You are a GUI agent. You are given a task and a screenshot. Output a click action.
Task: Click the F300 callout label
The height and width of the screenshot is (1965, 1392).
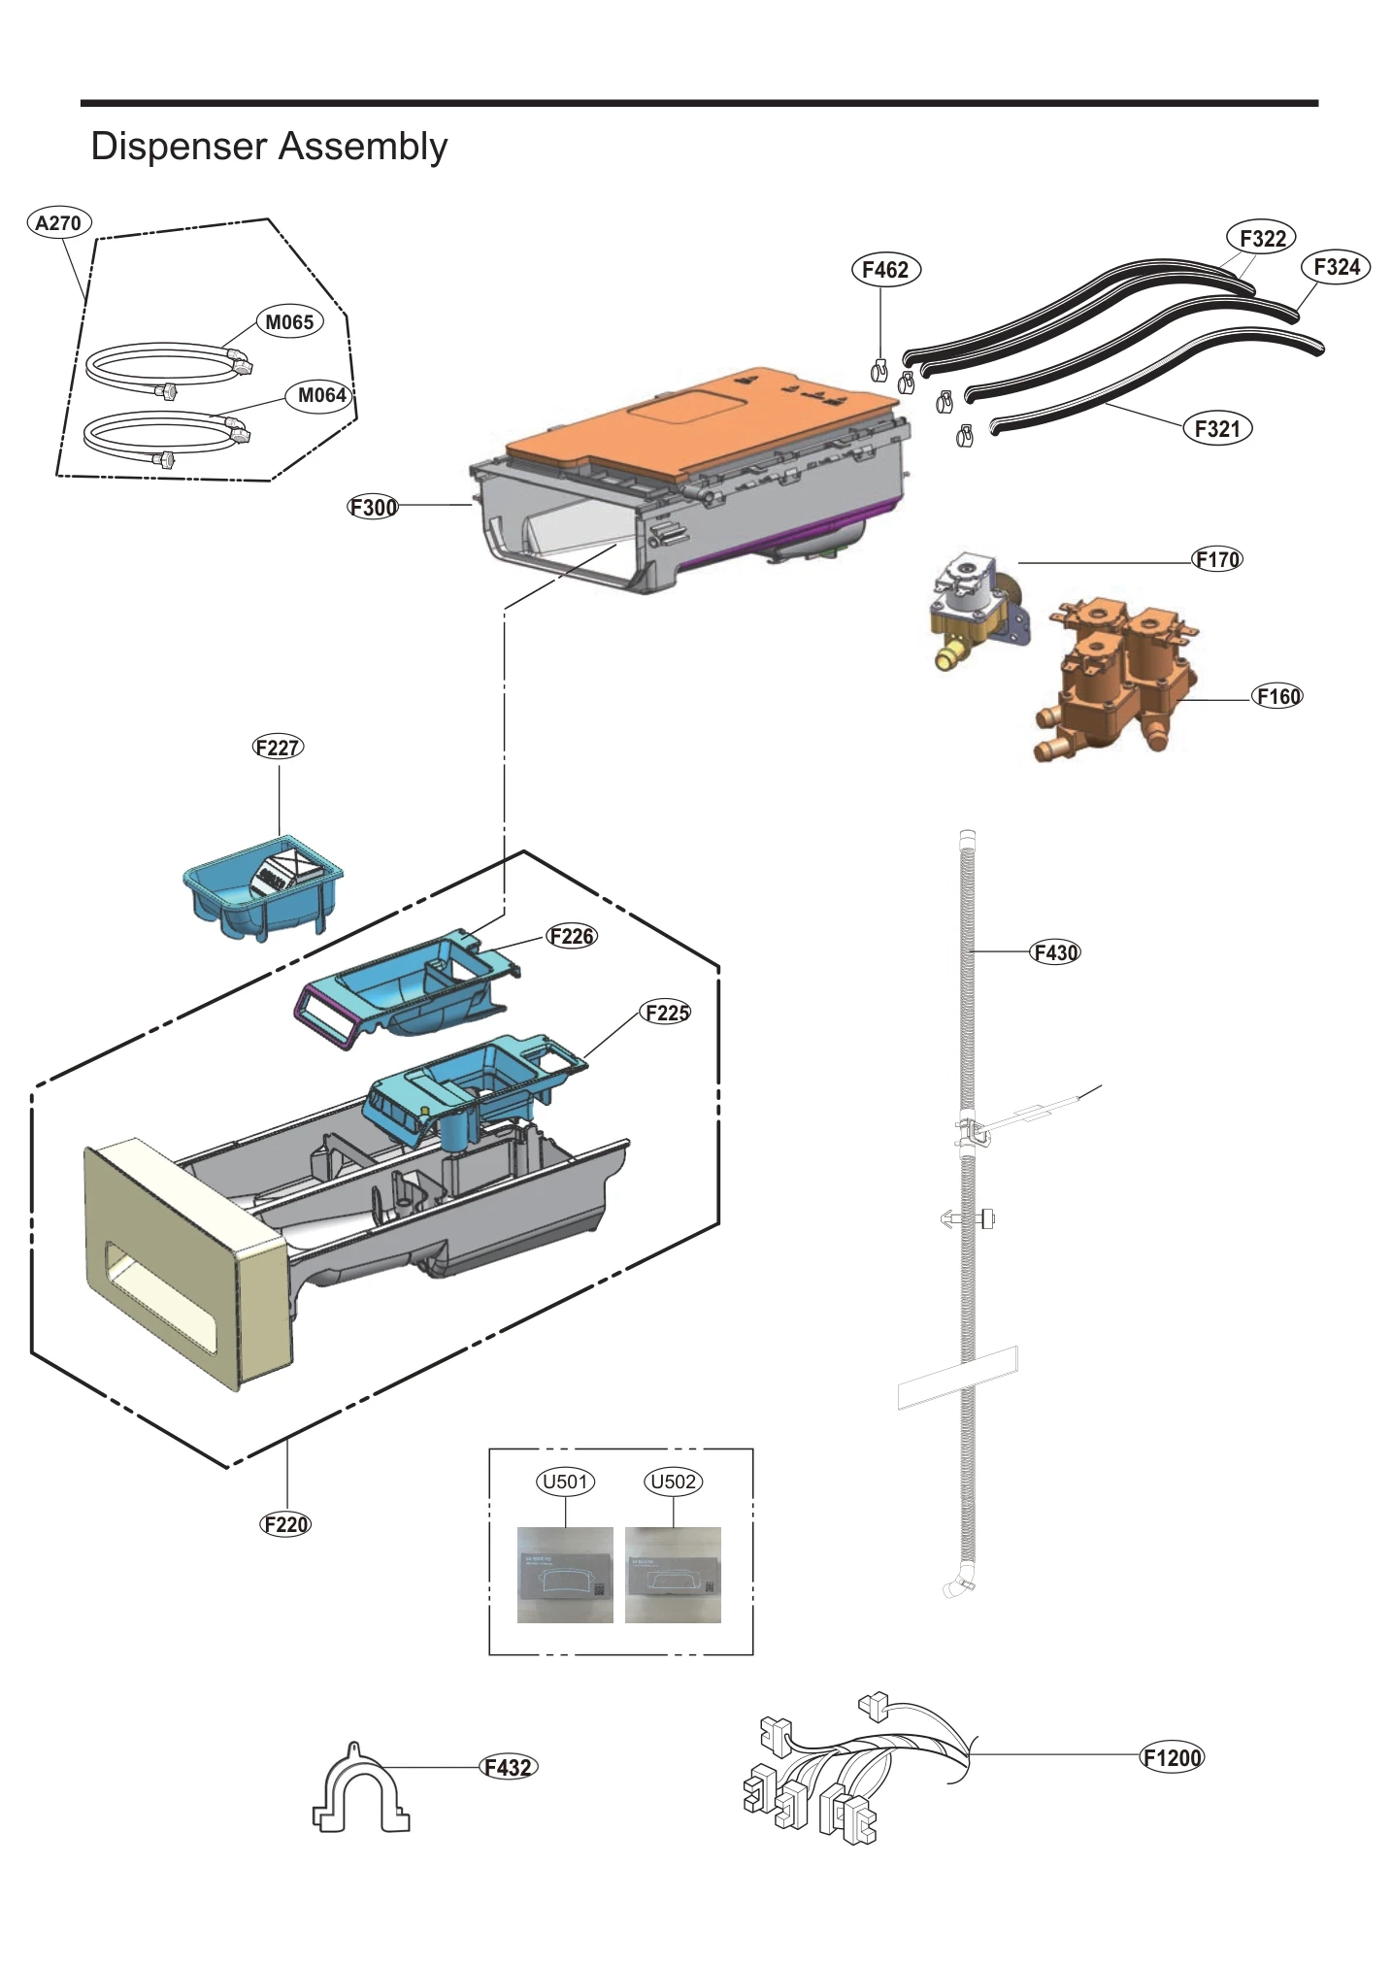[x=374, y=507]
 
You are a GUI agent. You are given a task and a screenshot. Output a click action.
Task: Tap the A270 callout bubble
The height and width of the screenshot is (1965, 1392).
[x=58, y=222]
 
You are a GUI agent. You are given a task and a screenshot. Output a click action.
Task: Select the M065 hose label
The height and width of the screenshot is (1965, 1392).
[x=289, y=322]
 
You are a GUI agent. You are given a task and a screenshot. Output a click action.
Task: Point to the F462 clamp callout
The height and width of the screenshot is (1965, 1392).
[x=884, y=270]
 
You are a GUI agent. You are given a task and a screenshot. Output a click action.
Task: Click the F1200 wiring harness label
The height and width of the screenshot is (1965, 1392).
[x=1172, y=1757]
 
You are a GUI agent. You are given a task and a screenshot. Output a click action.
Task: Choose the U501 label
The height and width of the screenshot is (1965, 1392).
[x=566, y=1482]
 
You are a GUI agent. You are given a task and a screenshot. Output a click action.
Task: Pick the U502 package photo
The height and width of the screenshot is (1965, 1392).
[x=673, y=1575]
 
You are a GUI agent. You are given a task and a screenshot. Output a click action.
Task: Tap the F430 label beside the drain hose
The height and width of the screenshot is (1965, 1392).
[x=1054, y=952]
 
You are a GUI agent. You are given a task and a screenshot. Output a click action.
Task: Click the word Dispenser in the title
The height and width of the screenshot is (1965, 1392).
[x=179, y=147]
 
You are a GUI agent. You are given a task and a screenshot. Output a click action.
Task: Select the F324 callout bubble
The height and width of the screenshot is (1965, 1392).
[x=1336, y=267]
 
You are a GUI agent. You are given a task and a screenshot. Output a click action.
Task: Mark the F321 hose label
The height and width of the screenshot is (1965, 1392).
[x=1217, y=428]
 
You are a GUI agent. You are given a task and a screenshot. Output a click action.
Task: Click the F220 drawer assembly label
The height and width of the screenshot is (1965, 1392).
[x=286, y=1524]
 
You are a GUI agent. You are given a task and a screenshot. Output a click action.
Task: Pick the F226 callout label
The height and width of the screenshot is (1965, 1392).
[x=572, y=936]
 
